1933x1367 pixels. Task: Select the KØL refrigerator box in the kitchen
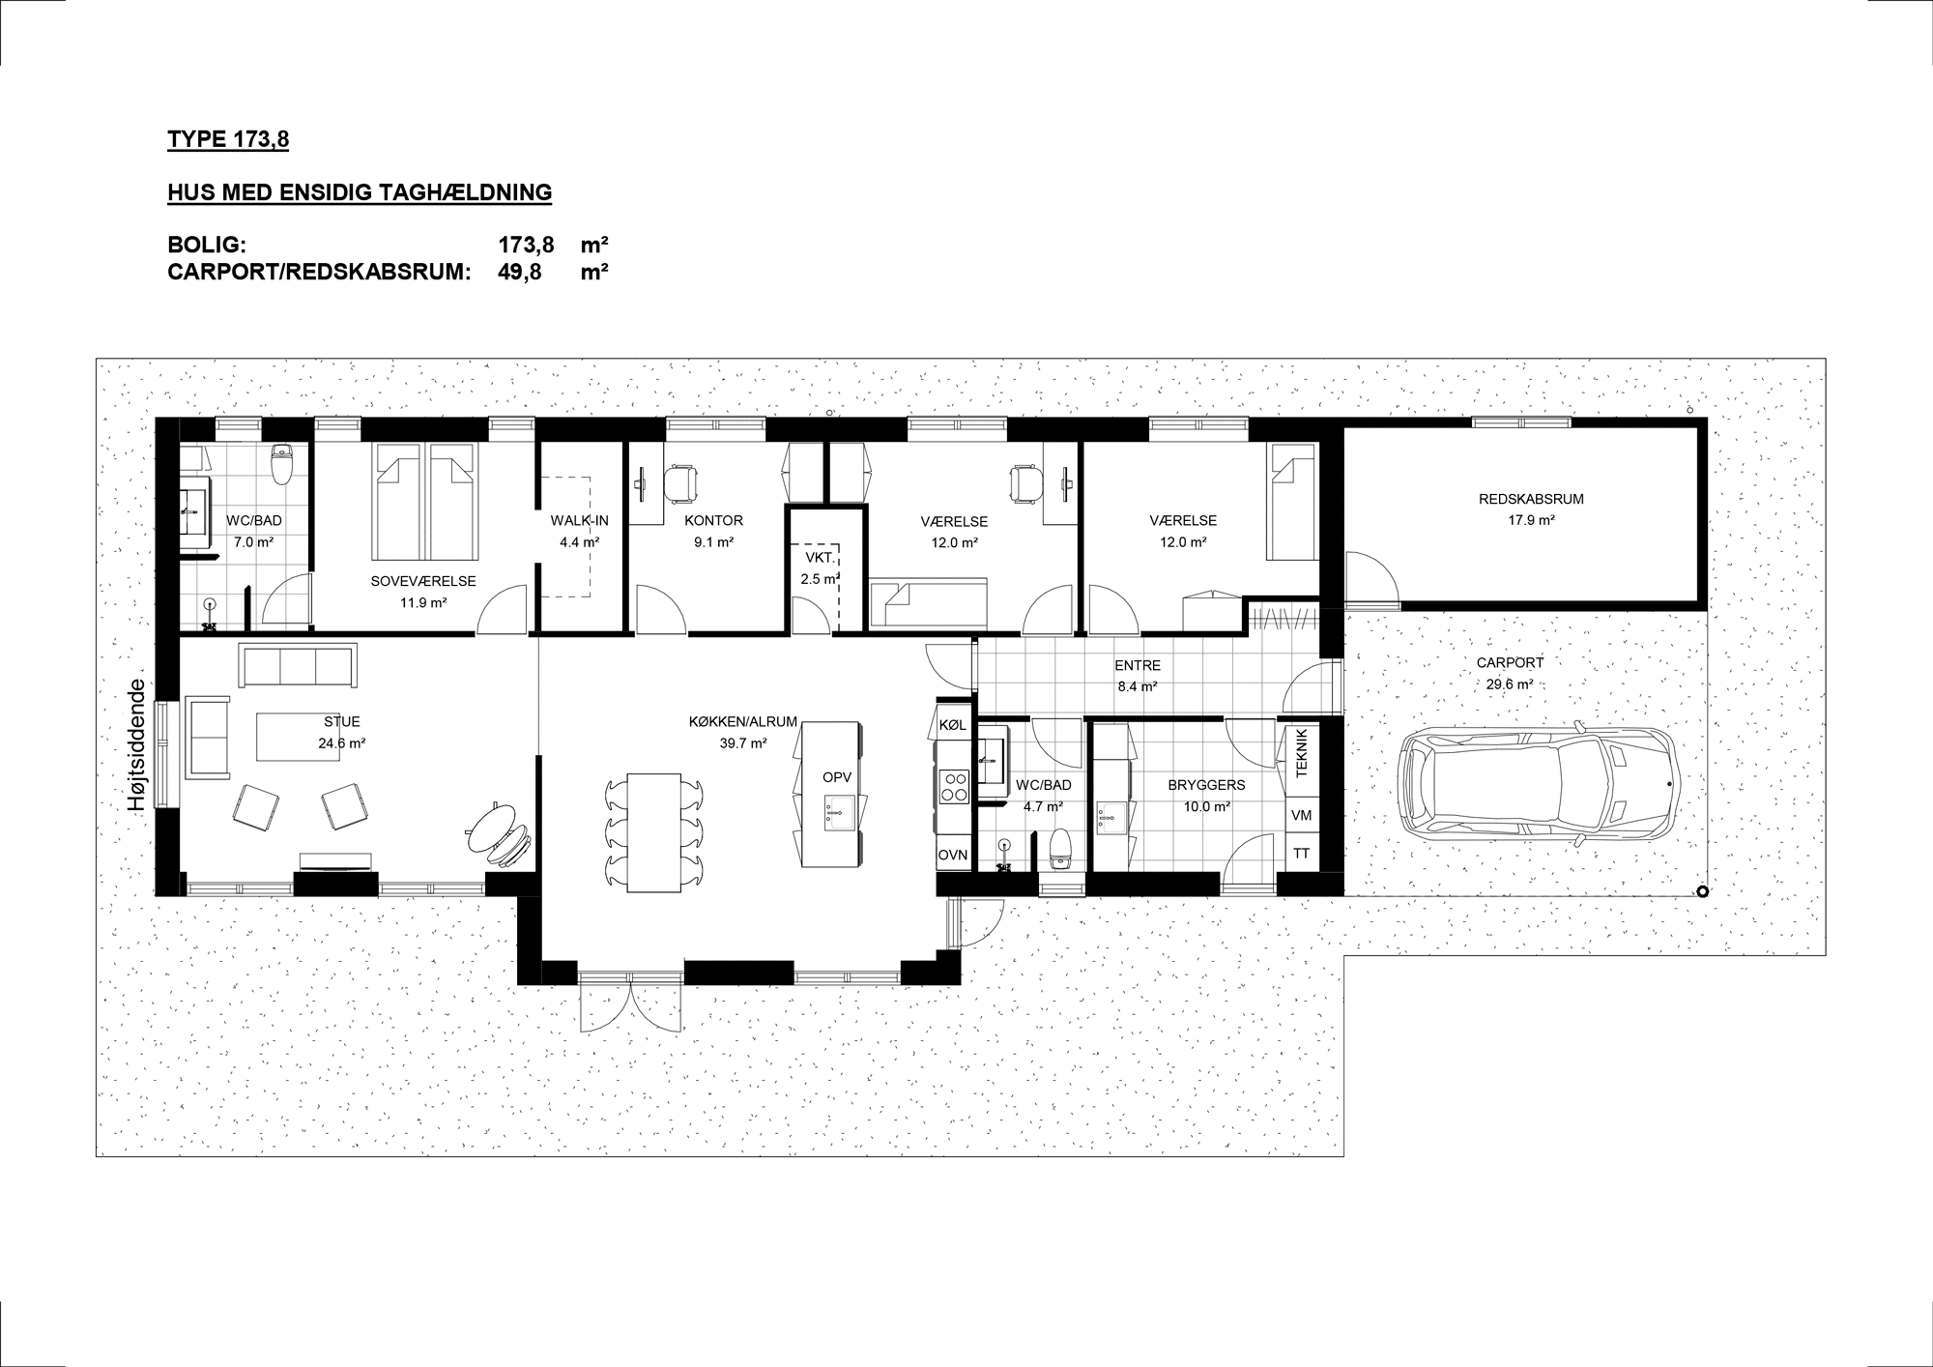point(952,724)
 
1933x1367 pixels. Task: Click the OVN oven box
point(953,855)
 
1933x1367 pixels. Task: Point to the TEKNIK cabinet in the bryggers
point(1301,753)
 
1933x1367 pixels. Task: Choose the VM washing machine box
point(1301,815)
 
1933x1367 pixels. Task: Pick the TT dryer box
point(1301,854)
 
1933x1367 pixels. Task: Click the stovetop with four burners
point(954,786)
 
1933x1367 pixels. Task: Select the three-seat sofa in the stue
point(298,665)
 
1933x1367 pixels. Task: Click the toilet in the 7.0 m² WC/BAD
point(282,463)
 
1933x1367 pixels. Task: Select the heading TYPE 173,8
point(228,140)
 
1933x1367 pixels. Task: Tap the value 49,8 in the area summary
point(519,272)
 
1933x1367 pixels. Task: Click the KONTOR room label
point(713,520)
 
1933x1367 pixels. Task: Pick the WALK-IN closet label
point(580,520)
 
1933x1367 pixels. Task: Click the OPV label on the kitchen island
point(837,777)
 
